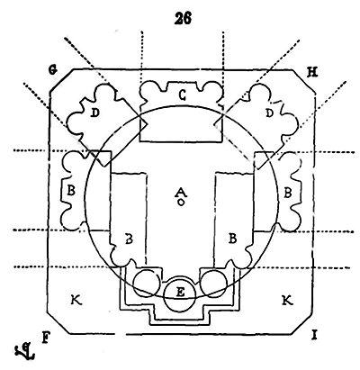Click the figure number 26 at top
[x=183, y=19]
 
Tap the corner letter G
[x=53, y=70]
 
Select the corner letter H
[x=312, y=72]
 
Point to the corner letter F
[x=45, y=338]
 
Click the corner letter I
[x=314, y=335]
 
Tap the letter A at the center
[x=180, y=192]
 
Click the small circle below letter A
[x=181, y=203]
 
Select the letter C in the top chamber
[x=182, y=95]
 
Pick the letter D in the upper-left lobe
[x=94, y=113]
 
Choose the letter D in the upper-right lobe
[x=270, y=113]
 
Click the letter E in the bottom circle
[x=180, y=292]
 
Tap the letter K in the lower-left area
[x=76, y=300]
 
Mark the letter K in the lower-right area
[x=287, y=300]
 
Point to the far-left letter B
[x=71, y=191]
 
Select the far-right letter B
[x=287, y=193]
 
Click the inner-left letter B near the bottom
[x=129, y=239]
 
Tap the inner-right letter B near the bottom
[x=232, y=239]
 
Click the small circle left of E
[x=147, y=283]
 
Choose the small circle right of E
[x=213, y=283]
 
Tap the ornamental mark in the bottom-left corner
[x=24, y=352]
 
